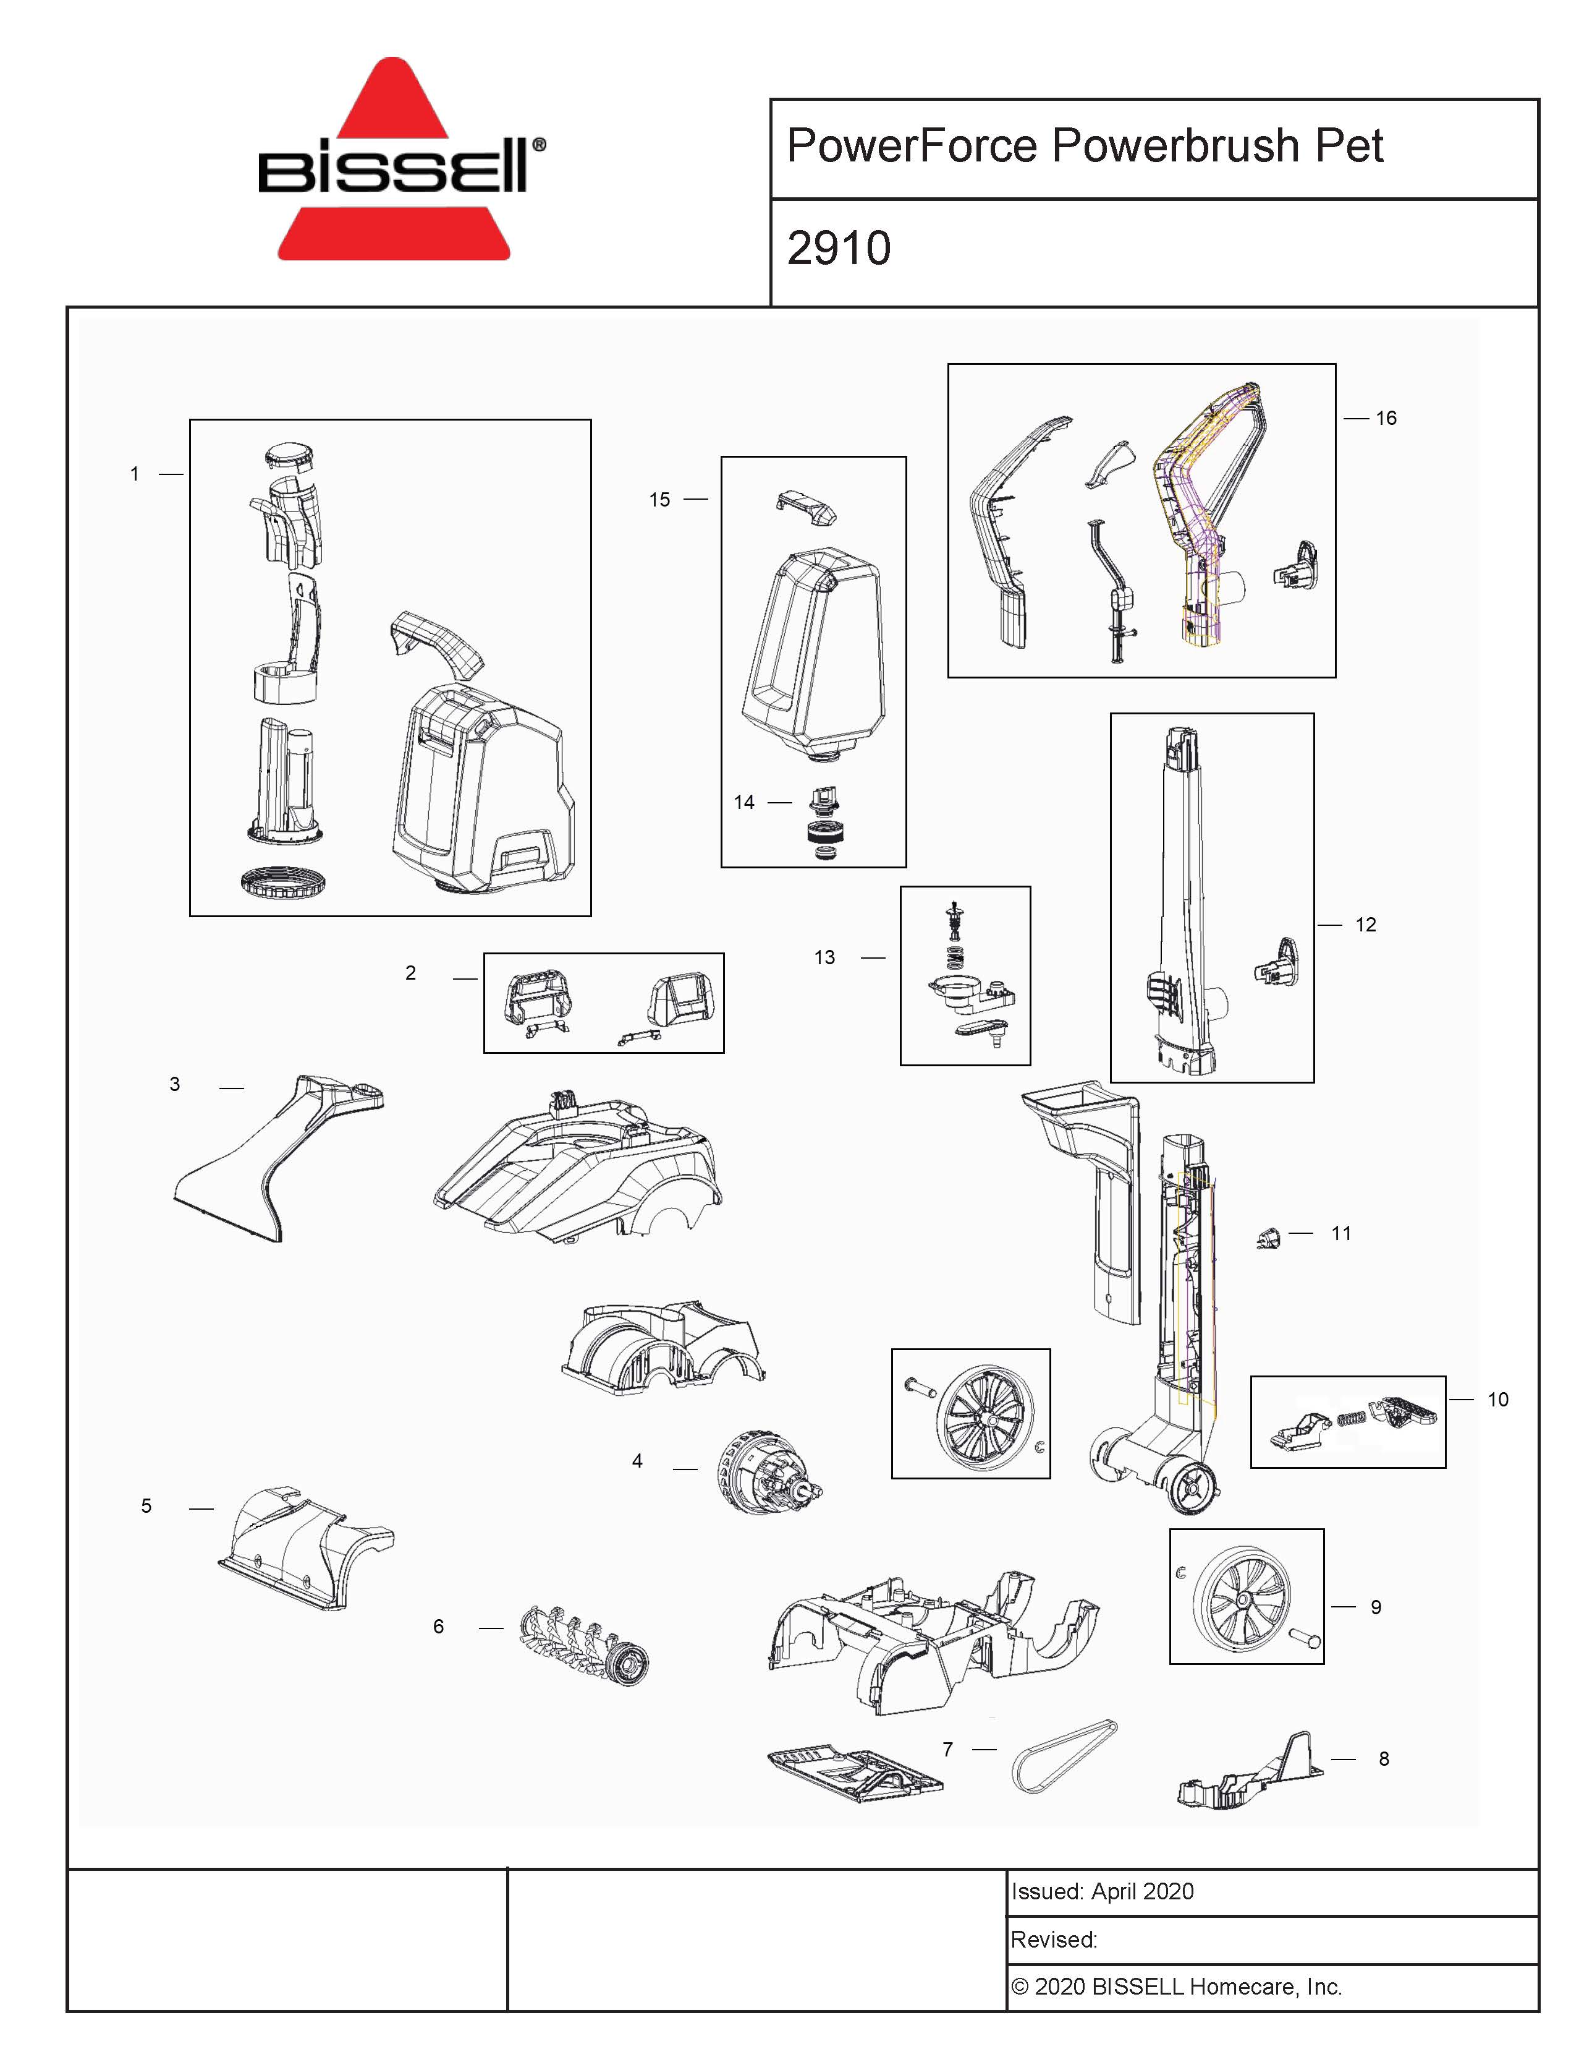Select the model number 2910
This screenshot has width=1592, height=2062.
tap(839, 248)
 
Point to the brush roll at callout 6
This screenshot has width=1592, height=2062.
tap(584, 1645)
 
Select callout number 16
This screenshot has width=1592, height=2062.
tap(1386, 418)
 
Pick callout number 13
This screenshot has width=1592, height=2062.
tap(825, 957)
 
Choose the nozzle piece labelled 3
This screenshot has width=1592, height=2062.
tap(278, 1157)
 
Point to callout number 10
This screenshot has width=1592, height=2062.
tap(1497, 1399)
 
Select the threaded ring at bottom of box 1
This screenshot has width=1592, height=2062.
tap(285, 882)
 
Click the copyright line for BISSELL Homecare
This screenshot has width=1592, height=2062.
tap(1176, 1987)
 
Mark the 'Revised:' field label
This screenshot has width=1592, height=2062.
tap(1054, 1940)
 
